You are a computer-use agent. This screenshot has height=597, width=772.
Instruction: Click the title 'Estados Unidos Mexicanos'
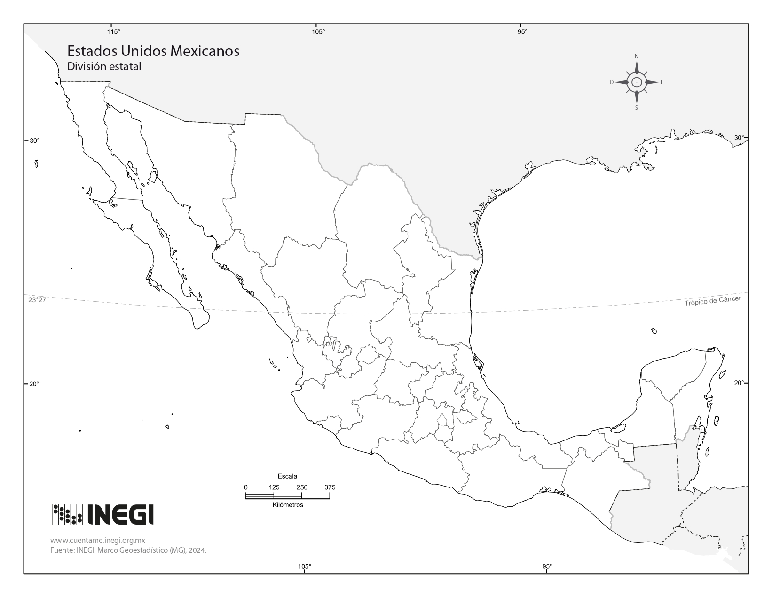(x=153, y=51)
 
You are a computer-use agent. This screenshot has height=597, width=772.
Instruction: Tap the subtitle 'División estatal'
(x=104, y=66)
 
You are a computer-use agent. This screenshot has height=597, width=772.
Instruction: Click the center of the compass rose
(x=637, y=82)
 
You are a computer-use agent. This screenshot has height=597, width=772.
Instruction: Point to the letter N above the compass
(x=637, y=56)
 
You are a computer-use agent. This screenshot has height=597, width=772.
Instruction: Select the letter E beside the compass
(x=662, y=82)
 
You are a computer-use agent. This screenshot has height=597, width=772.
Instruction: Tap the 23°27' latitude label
(x=38, y=300)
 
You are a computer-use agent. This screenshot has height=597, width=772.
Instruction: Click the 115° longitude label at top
(x=113, y=31)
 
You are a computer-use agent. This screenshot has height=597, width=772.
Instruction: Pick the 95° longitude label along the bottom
(x=547, y=566)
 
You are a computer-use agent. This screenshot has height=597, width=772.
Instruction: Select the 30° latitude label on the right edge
(x=739, y=138)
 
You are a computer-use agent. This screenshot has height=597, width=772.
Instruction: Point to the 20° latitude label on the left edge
(x=34, y=384)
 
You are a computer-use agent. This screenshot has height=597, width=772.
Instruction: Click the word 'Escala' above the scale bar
(x=287, y=476)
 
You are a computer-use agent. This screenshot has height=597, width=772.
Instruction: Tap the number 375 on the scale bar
(x=330, y=487)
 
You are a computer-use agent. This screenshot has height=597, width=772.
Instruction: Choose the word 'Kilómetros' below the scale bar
(x=288, y=505)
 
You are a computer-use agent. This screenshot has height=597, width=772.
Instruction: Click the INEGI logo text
(x=120, y=515)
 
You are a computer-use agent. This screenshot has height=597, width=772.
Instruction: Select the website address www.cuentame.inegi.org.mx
(x=97, y=541)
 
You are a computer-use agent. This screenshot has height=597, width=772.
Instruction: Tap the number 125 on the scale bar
(x=274, y=487)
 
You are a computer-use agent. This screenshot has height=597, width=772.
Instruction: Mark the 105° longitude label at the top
(x=318, y=31)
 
